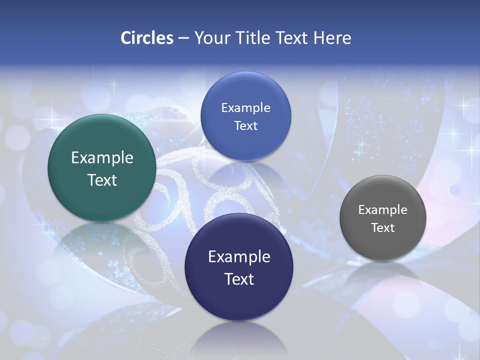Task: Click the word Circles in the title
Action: click(146, 38)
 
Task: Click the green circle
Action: click(102, 168)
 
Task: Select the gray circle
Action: click(383, 218)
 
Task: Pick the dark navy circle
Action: click(239, 267)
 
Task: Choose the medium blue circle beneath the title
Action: click(245, 116)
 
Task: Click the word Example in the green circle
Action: click(102, 158)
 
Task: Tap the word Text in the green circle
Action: click(102, 180)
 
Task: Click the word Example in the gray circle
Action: click(383, 210)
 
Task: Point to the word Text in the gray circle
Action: click(383, 228)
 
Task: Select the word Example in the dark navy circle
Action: click(239, 257)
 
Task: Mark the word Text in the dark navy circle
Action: click(239, 279)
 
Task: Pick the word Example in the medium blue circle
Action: click(245, 108)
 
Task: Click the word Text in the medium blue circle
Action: click(245, 126)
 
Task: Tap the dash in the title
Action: click(183, 38)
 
